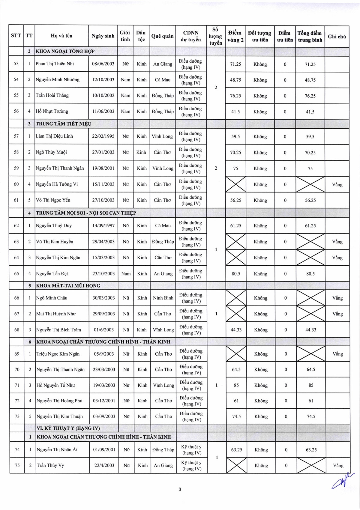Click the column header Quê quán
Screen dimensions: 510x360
point(162,36)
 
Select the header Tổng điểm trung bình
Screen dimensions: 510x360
point(310,36)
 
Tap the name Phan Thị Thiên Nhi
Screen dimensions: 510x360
point(55,64)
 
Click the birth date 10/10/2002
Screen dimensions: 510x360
point(103,95)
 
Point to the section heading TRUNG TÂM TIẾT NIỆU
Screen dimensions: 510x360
point(63,124)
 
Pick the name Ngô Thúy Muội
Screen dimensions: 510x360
point(51,152)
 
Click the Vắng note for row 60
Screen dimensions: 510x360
point(337,184)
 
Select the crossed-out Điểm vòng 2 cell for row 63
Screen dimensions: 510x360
point(236,241)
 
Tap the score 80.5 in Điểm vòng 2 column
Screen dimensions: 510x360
point(235,274)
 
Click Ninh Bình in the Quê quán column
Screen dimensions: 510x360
point(163,298)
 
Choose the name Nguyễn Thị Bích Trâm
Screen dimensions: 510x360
point(58,330)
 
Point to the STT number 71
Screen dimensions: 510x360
point(17,385)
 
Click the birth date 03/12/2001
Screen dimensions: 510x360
point(104,401)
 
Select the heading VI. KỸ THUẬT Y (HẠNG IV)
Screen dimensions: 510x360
point(68,428)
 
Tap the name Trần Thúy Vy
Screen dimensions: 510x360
point(50,465)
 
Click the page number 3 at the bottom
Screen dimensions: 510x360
point(180,490)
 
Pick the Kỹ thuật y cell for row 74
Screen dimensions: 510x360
point(191,450)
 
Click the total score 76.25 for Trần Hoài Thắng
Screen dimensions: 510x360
point(310,96)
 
